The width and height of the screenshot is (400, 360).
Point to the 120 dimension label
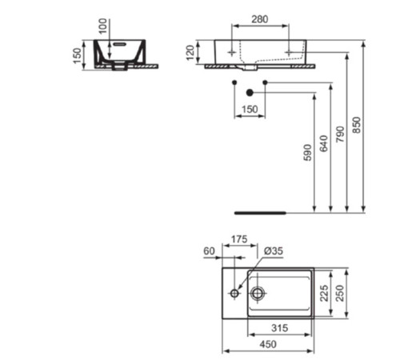[x=190, y=54]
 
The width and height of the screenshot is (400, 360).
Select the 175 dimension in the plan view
[x=238, y=239]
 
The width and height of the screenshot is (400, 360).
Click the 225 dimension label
[x=324, y=294]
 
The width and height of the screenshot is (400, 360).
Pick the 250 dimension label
[x=342, y=294]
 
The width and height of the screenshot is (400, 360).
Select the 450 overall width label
[x=268, y=344]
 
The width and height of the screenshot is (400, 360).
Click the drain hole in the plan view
[x=258, y=294]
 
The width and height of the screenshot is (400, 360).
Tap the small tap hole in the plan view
[x=234, y=294]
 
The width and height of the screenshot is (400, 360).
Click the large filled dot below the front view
[x=250, y=91]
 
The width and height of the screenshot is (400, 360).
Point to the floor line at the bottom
[x=259, y=214]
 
